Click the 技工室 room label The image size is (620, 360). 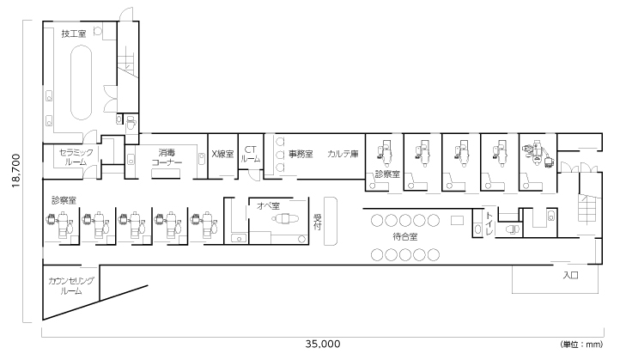(74, 34)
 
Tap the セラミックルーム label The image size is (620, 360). (76, 157)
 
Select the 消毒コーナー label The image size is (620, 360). (167, 157)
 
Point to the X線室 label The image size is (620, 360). (222, 154)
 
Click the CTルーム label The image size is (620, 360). (250, 154)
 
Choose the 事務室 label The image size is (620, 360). (300, 154)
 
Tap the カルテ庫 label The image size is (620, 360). (343, 154)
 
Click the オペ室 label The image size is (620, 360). (268, 205)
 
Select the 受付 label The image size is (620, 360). (317, 222)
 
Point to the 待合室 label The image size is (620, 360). (405, 237)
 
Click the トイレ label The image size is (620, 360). (489, 223)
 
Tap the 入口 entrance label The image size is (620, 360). (570, 275)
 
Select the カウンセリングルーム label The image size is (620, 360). (71, 285)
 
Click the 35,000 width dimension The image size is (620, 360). (323, 344)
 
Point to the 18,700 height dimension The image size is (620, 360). (16, 170)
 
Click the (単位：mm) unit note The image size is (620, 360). (581, 345)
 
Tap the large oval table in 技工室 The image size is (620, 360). (81, 82)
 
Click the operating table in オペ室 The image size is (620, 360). (285, 218)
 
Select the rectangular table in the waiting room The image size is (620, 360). (457, 220)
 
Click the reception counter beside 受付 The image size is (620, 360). (330, 221)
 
